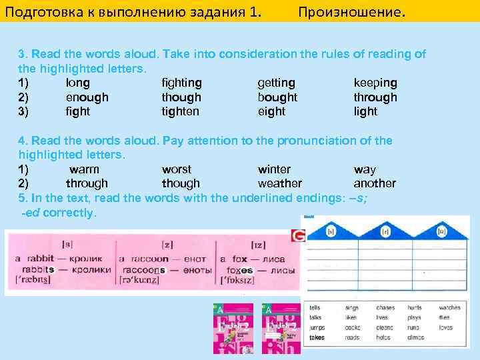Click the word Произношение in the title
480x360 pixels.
click(351, 11)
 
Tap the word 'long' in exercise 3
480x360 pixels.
click(78, 83)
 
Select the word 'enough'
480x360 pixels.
click(87, 97)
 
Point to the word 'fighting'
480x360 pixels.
click(181, 83)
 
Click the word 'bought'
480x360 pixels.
click(277, 97)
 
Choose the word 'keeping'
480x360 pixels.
click(375, 83)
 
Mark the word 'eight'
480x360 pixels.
click(271, 111)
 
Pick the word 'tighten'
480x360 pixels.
click(180, 111)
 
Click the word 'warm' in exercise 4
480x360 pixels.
click(84, 169)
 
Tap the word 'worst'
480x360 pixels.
click(176, 169)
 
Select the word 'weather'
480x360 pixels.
click(279, 183)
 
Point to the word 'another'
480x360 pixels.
click(374, 183)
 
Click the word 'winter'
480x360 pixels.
click(274, 169)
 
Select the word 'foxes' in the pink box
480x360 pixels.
click(239, 271)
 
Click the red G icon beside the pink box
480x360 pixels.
click(297, 236)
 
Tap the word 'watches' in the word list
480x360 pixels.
click(450, 308)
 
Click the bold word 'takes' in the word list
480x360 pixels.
click(317, 337)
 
